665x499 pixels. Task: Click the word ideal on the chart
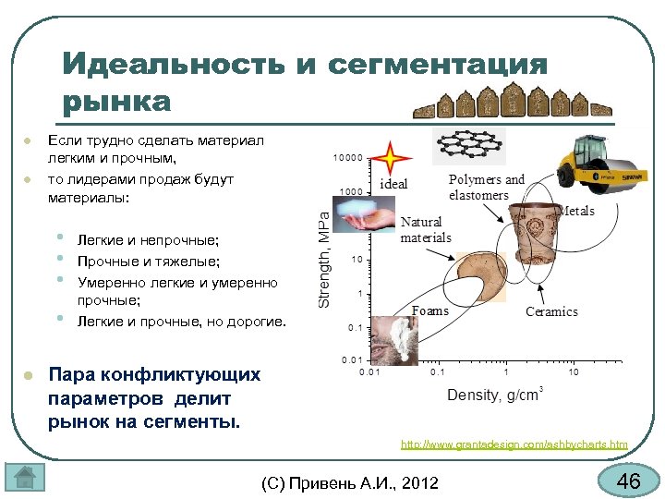click(x=393, y=184)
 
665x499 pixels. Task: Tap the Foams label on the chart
click(x=429, y=310)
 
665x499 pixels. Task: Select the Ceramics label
click(x=551, y=311)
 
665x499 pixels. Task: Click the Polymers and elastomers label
click(x=486, y=188)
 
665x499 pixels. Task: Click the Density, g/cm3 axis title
click(x=494, y=396)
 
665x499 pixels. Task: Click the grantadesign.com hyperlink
click(x=514, y=444)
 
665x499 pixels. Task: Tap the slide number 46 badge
click(x=628, y=481)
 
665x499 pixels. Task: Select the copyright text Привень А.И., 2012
click(x=351, y=482)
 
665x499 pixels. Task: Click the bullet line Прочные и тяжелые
click(x=148, y=261)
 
